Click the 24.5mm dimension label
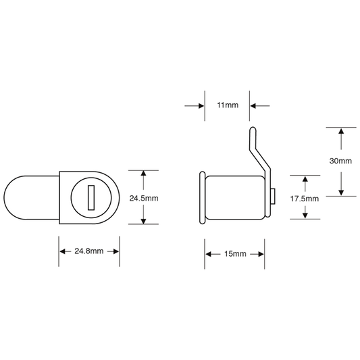click(x=144, y=198)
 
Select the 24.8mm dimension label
click(x=89, y=251)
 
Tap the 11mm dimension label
click(x=228, y=105)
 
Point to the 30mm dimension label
click(x=340, y=161)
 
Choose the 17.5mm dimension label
click(x=305, y=199)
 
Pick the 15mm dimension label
click(x=235, y=254)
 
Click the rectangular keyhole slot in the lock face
click(x=91, y=198)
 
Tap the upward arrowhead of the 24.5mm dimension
click(x=143, y=174)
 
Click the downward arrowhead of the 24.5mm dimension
click(x=143, y=221)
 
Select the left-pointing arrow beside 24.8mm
click(x=66, y=251)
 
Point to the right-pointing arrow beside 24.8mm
click(x=113, y=251)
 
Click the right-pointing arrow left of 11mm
click(x=195, y=106)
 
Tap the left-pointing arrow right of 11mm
click(x=260, y=106)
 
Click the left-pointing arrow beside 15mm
click(x=211, y=254)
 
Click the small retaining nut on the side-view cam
click(x=273, y=197)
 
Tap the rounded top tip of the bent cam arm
click(x=253, y=129)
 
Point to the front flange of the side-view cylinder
click(x=202, y=197)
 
